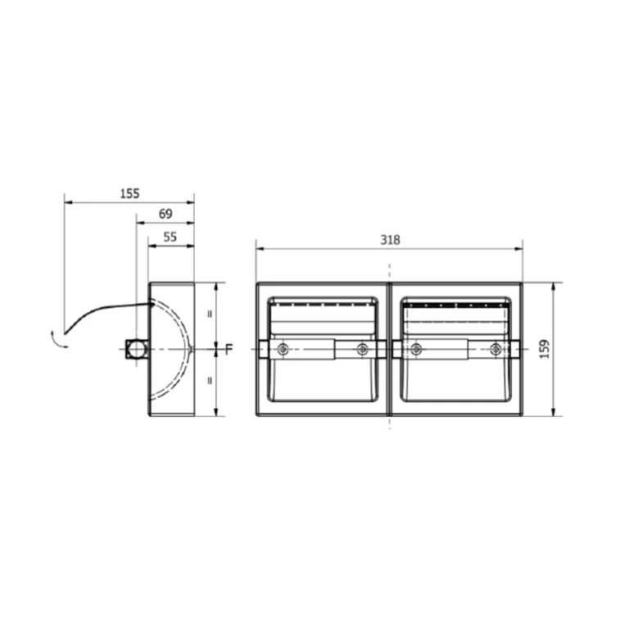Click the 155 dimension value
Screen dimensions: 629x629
tap(130, 194)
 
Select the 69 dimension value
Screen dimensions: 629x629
tap(165, 214)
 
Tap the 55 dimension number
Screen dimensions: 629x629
tap(170, 237)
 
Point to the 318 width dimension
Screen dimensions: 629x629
tap(390, 240)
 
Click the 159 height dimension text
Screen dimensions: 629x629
tap(545, 349)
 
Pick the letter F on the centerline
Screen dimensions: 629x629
tap(229, 349)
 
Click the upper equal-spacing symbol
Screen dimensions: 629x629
tap(210, 314)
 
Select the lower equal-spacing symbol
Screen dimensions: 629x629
tap(210, 381)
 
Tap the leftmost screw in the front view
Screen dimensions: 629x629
tap(283, 350)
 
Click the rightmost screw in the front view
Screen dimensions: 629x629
tap(496, 350)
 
